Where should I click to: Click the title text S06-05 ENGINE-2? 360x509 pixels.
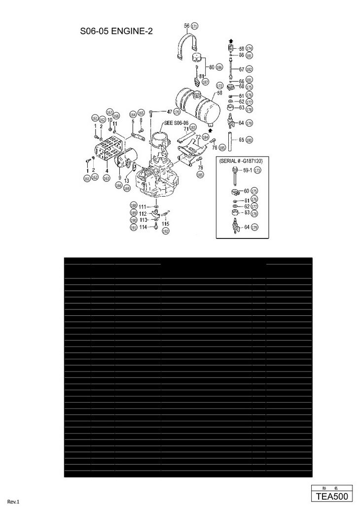[116, 32]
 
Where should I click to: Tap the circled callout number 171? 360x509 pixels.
[194, 26]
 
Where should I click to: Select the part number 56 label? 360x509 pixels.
[186, 26]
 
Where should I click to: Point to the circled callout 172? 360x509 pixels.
[219, 86]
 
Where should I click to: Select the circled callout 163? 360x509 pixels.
[107, 178]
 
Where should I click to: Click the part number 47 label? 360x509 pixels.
[169, 112]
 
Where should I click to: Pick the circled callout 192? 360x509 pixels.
[166, 231]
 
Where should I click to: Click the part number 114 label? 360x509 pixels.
[143, 227]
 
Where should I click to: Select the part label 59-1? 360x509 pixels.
[247, 170]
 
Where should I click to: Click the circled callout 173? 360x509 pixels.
[257, 170]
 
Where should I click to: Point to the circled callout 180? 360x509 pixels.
[250, 140]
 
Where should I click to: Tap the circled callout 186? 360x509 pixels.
[219, 67]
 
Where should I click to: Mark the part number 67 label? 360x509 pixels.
[242, 69]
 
